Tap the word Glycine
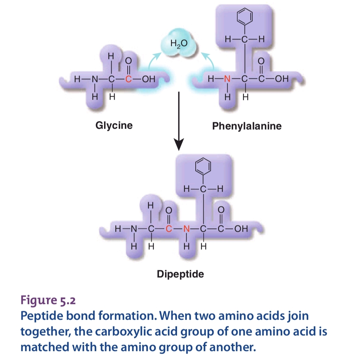114,125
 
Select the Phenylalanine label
247,126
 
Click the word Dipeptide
180,274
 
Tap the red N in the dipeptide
186,229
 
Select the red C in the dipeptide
169,229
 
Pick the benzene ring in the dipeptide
203,166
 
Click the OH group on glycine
147,80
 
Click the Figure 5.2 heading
48,301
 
